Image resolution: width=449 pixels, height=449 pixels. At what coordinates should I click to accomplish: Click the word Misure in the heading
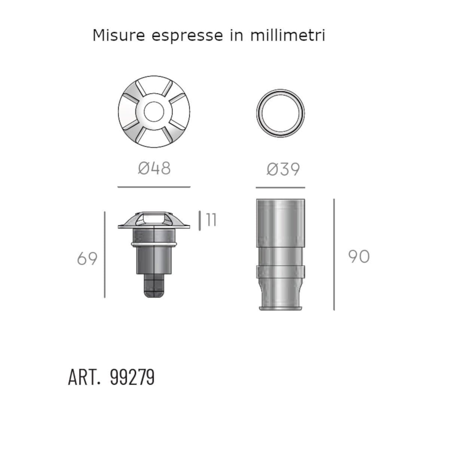click(119, 36)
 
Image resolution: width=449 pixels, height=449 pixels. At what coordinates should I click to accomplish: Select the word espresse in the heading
click(187, 37)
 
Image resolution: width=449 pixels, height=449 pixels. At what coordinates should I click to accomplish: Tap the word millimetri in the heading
click(287, 35)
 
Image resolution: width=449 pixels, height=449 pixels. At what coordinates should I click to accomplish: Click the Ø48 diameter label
click(154, 168)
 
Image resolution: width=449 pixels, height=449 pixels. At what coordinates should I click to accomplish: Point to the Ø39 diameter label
click(283, 169)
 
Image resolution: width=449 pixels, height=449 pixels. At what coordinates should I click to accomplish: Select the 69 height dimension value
click(87, 259)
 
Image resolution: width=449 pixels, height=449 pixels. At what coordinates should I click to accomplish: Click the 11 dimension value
click(211, 220)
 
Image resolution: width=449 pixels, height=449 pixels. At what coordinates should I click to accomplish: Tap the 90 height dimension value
click(358, 256)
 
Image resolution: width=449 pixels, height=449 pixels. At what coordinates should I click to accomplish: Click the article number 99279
click(132, 377)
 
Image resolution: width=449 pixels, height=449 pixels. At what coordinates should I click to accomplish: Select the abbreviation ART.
click(85, 377)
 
